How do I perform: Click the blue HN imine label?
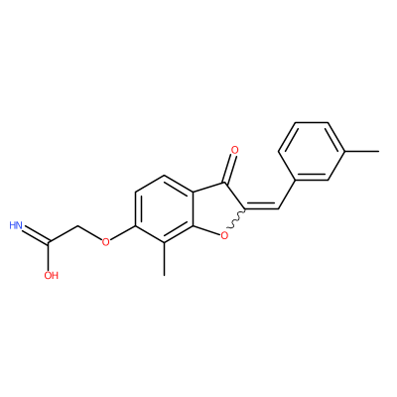pyautogui.click(x=16, y=226)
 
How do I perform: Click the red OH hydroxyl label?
pyautogui.click(x=51, y=275)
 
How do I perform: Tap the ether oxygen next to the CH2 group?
pyautogui.click(x=105, y=242)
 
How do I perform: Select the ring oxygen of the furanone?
pyautogui.click(x=224, y=236)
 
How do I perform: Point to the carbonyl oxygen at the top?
pyautogui.click(x=234, y=150)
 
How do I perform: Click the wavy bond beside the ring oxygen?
pyautogui.click(x=237, y=219)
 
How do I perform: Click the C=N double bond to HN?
pyautogui.click(x=36, y=235)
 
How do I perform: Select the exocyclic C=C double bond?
pyautogui.click(x=261, y=208)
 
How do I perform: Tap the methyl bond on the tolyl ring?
pyautogui.click(x=362, y=152)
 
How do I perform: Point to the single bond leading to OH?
pyautogui.click(x=50, y=257)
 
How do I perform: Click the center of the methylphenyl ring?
pyautogui.click(x=312, y=152)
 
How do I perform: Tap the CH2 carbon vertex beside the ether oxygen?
pyautogui.click(x=77, y=227)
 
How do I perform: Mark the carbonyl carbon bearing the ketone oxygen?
pyautogui.click(x=225, y=183)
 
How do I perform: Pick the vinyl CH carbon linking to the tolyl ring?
pyautogui.click(x=279, y=208)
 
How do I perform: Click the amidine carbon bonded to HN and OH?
pyautogui.click(x=50, y=243)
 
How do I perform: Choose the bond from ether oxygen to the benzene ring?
pyautogui.click(x=123, y=233)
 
